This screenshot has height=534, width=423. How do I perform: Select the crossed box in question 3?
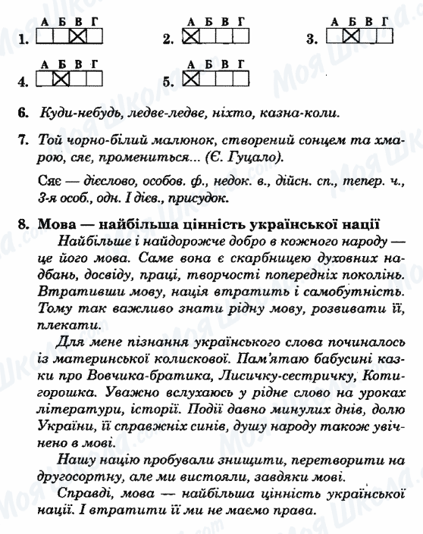(349, 36)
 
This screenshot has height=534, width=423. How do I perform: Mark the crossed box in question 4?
(61, 78)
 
